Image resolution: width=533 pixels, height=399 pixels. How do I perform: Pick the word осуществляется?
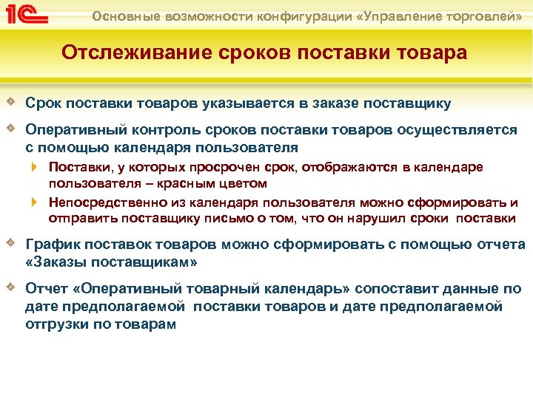click(x=458, y=129)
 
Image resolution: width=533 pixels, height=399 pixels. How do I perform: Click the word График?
click(x=51, y=245)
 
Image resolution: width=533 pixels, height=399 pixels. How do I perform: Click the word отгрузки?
click(x=56, y=323)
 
